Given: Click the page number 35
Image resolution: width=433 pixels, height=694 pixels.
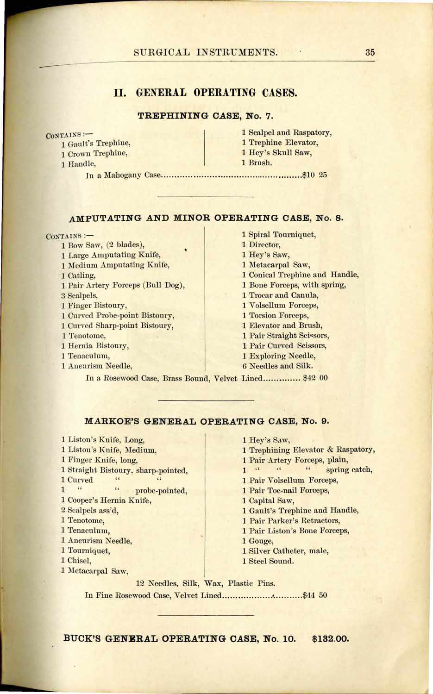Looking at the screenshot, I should point(370,52).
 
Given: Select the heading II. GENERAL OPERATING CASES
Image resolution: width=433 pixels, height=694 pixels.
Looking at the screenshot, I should point(205,93).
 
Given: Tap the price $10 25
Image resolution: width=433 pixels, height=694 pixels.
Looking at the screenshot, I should point(314,175).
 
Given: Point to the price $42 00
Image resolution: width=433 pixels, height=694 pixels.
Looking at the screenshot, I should point(315,378).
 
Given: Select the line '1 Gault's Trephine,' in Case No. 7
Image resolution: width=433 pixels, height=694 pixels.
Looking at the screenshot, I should point(95,144).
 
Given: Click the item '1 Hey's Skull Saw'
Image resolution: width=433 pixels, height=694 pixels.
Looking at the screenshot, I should point(276,153).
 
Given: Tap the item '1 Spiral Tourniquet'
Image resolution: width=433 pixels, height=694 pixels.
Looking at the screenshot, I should point(279,235).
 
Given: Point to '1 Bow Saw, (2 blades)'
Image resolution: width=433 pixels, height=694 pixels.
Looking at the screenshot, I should point(102,245).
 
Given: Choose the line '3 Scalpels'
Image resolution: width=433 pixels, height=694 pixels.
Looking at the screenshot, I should point(79,295).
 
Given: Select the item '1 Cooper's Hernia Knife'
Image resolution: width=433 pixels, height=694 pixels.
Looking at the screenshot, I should point(106,500).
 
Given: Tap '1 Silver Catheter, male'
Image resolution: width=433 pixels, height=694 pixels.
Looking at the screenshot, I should point(285,551).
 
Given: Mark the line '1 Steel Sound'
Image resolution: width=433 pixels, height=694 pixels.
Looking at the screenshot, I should point(268,561).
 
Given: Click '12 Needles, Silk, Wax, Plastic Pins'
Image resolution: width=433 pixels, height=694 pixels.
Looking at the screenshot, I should point(206,583).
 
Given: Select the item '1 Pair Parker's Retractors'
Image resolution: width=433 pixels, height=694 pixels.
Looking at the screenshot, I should point(291,520).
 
